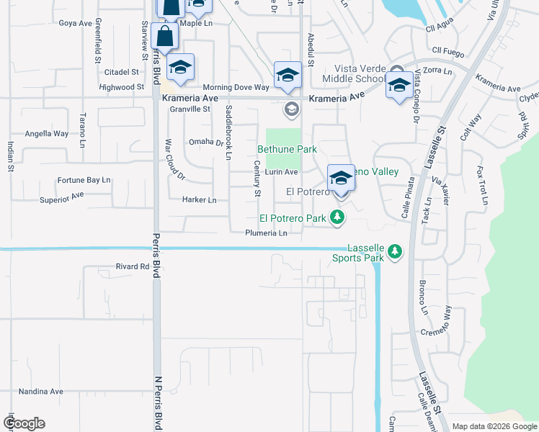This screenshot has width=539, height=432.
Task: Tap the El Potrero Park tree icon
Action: click(337, 217)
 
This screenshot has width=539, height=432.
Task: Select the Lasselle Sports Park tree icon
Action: click(394, 251)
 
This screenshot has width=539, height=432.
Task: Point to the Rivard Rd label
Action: click(132, 266)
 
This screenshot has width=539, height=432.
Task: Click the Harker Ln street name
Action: click(200, 199)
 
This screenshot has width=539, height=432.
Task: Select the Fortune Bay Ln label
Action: click(84, 180)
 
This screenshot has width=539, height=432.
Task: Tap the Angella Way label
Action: click(47, 134)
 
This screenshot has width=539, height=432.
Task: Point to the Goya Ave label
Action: click(76, 23)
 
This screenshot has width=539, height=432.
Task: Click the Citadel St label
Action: click(121, 72)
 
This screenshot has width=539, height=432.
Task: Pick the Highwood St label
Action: click(121, 87)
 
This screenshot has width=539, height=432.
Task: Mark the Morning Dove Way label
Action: click(236, 87)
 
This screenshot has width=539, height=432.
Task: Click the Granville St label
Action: click(190, 109)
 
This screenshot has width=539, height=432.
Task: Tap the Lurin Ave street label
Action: click(281, 172)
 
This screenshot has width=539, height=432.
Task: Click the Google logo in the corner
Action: click(24, 423)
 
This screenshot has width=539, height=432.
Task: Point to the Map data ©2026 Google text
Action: click(494, 426)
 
